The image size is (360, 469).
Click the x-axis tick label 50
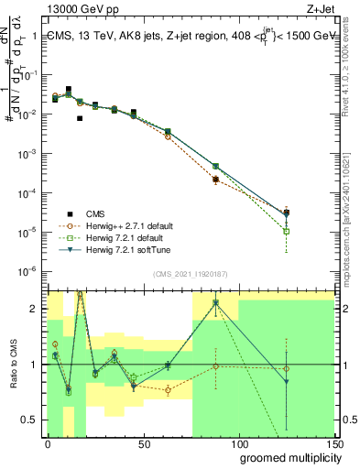[144, 443]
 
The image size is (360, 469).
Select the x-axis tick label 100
[239, 443]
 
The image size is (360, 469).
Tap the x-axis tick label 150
[333, 443]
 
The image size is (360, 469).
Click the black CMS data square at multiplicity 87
[215, 180]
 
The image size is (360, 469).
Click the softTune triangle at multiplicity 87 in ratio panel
[215, 302]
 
